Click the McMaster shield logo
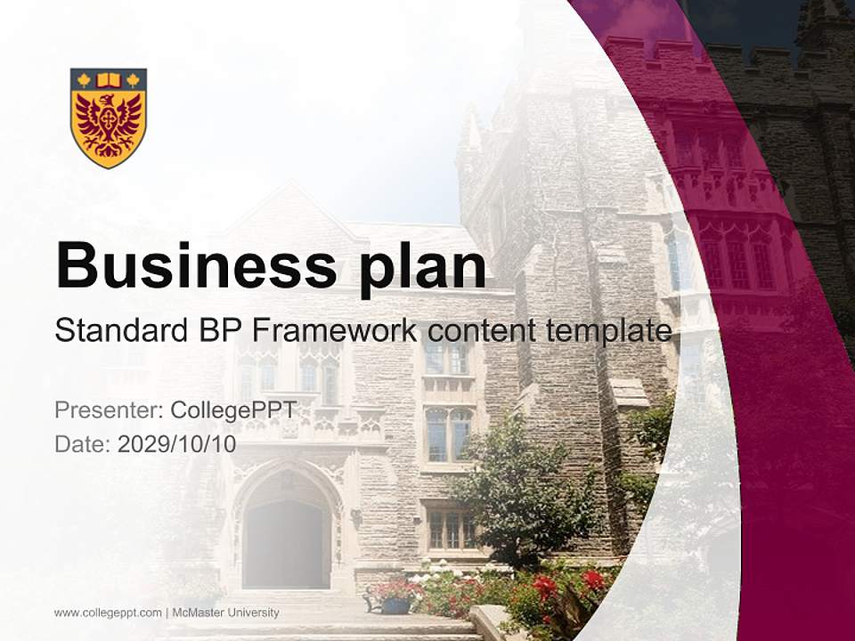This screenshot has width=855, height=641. pyautogui.click(x=109, y=118)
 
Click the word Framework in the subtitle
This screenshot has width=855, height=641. pyautogui.click(x=335, y=331)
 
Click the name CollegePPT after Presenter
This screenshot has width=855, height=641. pyautogui.click(x=232, y=410)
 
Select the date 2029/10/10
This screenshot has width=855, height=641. pyautogui.click(x=176, y=444)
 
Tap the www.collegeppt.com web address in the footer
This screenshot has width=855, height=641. pyautogui.click(x=108, y=613)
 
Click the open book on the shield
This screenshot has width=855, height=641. pyautogui.click(x=109, y=80)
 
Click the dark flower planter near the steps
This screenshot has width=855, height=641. pyautogui.click(x=395, y=604)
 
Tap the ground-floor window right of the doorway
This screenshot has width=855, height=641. pyautogui.click(x=451, y=529)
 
